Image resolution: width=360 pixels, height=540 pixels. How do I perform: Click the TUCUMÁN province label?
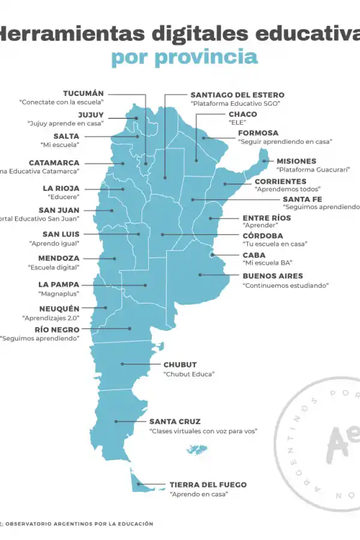coord(83,94)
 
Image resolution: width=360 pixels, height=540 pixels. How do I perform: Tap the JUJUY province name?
coord(91,115)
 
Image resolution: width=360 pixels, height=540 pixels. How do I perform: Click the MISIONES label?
coord(296,161)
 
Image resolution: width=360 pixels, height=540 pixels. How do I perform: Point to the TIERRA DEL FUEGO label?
coord(208,485)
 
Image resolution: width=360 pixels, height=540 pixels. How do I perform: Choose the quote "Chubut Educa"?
coord(189,374)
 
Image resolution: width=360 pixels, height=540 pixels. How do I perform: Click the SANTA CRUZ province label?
coord(175,422)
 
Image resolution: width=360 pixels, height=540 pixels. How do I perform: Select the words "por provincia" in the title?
coord(184,58)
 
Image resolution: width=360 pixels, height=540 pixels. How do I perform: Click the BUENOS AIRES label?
coord(272,276)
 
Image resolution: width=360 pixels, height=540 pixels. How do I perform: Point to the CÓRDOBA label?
coord(262,236)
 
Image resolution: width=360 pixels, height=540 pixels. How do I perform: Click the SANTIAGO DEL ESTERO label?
coord(237,95)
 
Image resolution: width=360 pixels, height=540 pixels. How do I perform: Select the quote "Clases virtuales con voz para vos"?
coord(203,431)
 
